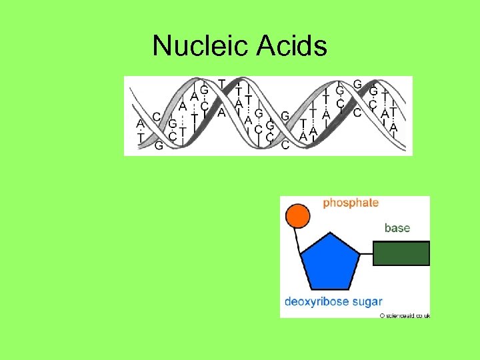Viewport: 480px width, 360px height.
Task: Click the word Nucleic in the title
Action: [x=201, y=46]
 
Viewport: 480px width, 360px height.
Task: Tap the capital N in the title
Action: [x=162, y=46]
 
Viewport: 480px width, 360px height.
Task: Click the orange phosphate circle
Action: [x=297, y=216]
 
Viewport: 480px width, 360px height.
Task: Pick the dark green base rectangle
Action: [x=401, y=254]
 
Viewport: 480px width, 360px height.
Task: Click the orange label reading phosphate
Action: [x=351, y=203]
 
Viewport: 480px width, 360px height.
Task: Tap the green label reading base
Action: [x=397, y=228]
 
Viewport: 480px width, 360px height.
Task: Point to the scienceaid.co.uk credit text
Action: [x=408, y=315]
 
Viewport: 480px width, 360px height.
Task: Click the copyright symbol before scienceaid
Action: [x=383, y=315]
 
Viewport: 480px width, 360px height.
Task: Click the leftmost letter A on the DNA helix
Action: [x=140, y=124]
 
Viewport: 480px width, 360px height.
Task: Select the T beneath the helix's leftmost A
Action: [x=140, y=137]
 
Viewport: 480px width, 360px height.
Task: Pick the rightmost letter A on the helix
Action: [x=393, y=127]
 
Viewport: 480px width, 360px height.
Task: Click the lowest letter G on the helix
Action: [x=159, y=146]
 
